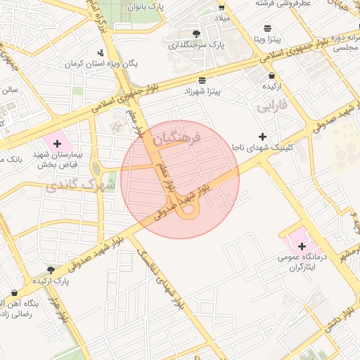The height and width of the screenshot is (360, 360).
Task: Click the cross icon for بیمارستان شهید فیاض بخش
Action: (x=57, y=143)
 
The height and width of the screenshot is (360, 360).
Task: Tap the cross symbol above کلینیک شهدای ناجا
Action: (x=262, y=136)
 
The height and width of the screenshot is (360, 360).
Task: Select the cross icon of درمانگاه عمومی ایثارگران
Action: (x=302, y=247)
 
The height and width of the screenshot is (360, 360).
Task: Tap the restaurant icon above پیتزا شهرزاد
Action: (x=202, y=80)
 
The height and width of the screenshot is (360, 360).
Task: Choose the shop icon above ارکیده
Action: (x=271, y=75)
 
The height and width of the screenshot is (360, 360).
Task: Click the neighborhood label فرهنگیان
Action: (x=176, y=135)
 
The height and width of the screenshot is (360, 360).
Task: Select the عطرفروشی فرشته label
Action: (x=264, y=4)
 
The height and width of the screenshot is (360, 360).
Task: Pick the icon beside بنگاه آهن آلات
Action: (x=14, y=292)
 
